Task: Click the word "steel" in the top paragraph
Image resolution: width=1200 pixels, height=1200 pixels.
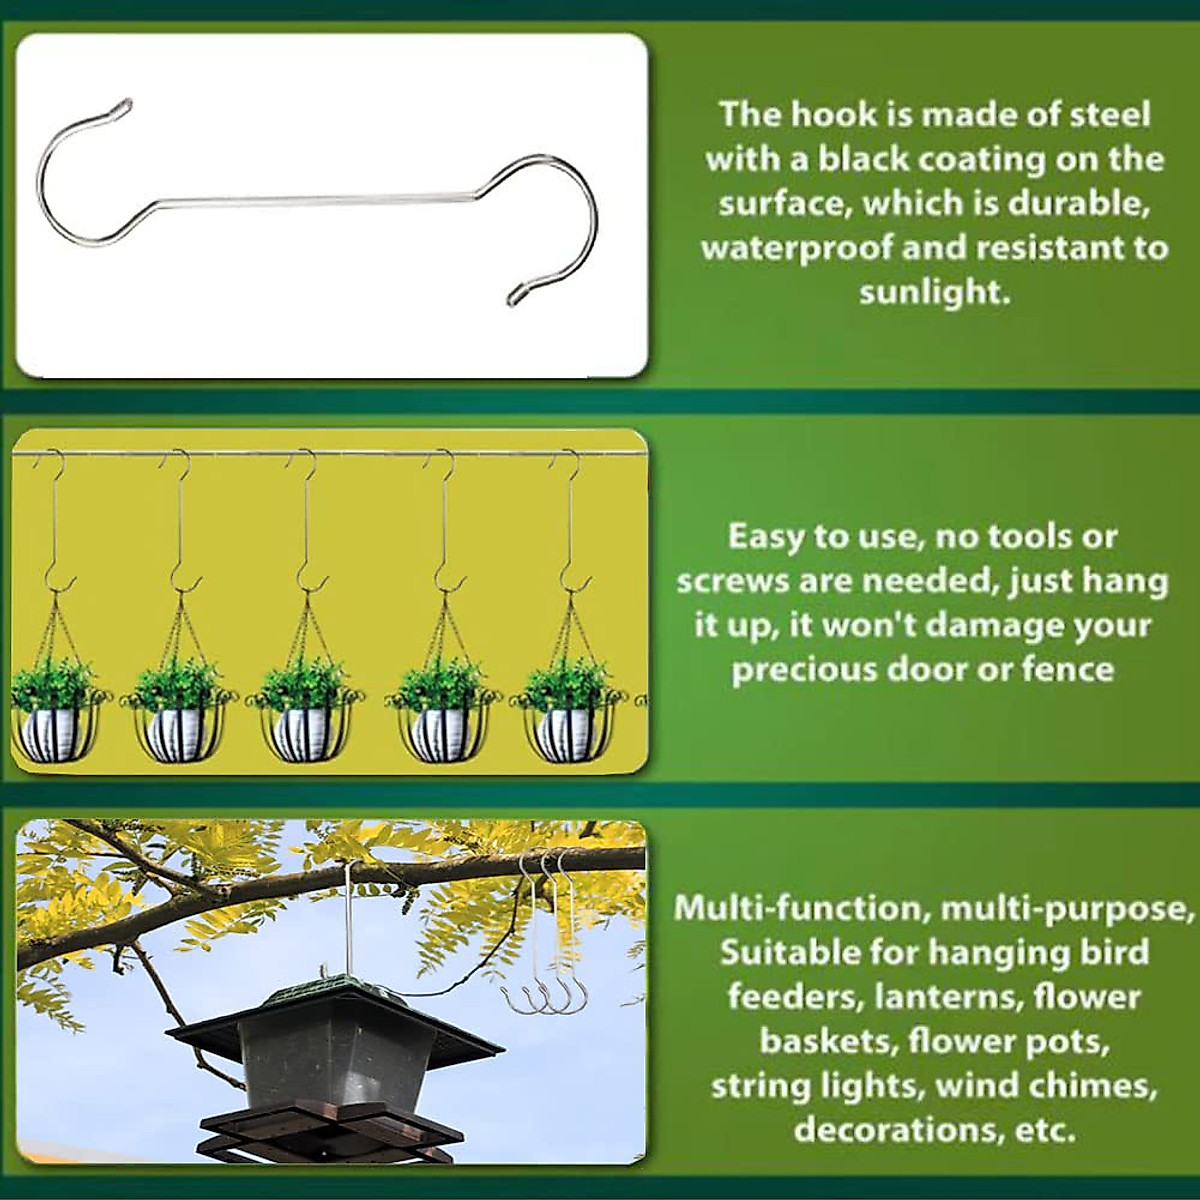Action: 1107,115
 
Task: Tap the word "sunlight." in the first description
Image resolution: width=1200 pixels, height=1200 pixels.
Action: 933,292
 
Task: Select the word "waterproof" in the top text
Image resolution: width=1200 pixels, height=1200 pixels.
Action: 796,248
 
